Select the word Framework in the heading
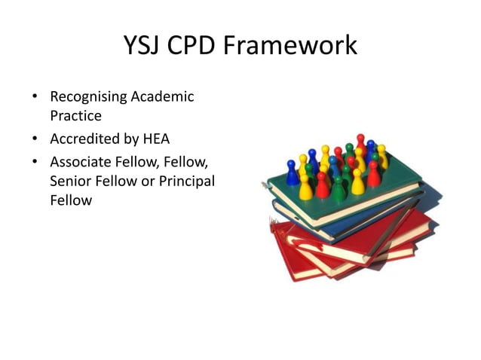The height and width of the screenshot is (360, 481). pyautogui.click(x=302, y=47)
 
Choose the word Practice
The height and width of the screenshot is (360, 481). pyautogui.click(x=75, y=117)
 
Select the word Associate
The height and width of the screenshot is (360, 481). pyautogui.click(x=80, y=162)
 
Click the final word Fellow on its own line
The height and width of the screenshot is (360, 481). pyautogui.click(x=71, y=201)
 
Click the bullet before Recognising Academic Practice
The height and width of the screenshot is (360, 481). pyautogui.click(x=35, y=97)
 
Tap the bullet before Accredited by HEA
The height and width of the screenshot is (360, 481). pyautogui.click(x=35, y=139)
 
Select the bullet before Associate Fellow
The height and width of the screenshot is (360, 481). pyautogui.click(x=35, y=162)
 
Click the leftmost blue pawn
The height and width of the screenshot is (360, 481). pyautogui.click(x=292, y=173)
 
